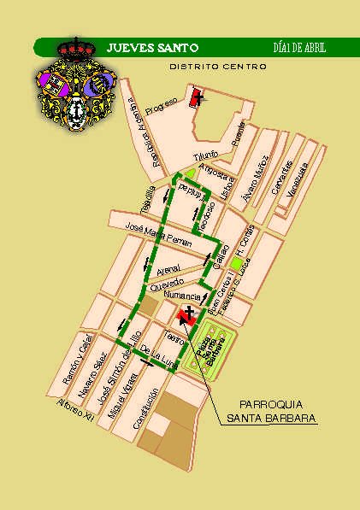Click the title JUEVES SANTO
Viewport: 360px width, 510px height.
click(154, 48)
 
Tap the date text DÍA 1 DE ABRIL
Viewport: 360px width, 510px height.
click(299, 47)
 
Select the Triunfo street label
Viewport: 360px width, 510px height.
click(206, 156)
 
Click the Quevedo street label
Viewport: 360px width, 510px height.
click(169, 285)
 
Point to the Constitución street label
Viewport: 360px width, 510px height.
click(146, 409)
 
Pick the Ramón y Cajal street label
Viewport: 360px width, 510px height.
click(73, 360)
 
